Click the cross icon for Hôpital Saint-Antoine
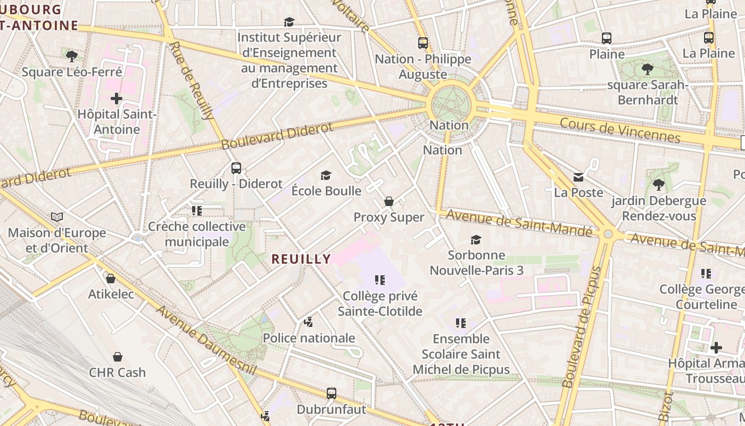[117, 99]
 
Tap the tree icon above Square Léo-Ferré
[72, 55]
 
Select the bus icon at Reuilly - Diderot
[236, 168]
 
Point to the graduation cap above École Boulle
[326, 175]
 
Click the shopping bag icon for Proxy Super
[389, 201]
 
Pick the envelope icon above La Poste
[578, 177]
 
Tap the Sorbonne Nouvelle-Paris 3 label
[476, 263]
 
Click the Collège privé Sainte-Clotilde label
[380, 304]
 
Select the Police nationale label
[309, 338]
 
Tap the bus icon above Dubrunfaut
[332, 394]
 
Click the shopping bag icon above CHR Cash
[117, 357]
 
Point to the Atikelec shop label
[111, 294]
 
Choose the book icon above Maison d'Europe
[57, 217]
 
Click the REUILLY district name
[301, 259]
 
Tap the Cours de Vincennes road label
[620, 130]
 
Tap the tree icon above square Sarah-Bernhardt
[648, 69]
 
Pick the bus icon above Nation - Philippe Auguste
[423, 43]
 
